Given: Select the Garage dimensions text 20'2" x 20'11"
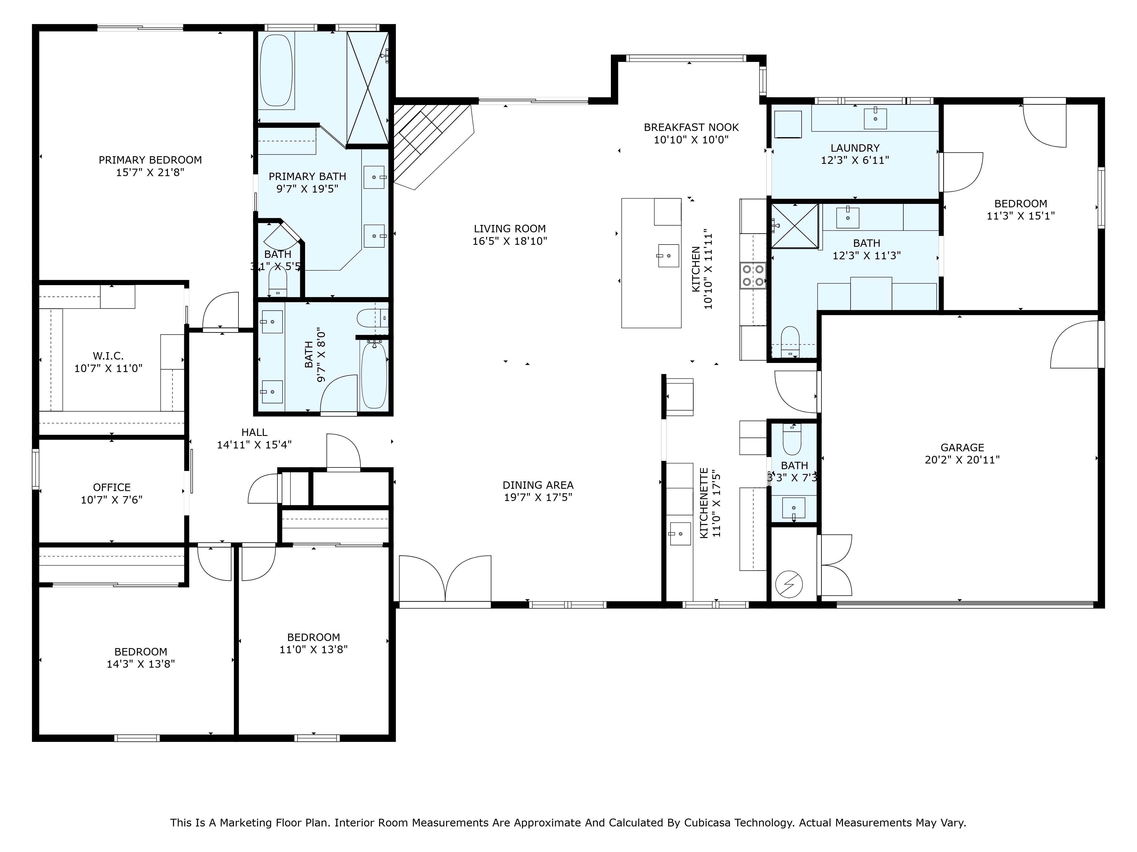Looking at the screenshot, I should click(962, 460).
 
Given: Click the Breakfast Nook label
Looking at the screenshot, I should click(691, 127).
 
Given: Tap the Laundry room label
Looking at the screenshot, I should click(855, 148).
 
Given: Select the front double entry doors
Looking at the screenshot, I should click(445, 579).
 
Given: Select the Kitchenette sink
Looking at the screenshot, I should click(680, 534).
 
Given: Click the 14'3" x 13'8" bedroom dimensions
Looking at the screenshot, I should click(140, 664).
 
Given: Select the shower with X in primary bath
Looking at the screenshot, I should click(368, 87).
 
